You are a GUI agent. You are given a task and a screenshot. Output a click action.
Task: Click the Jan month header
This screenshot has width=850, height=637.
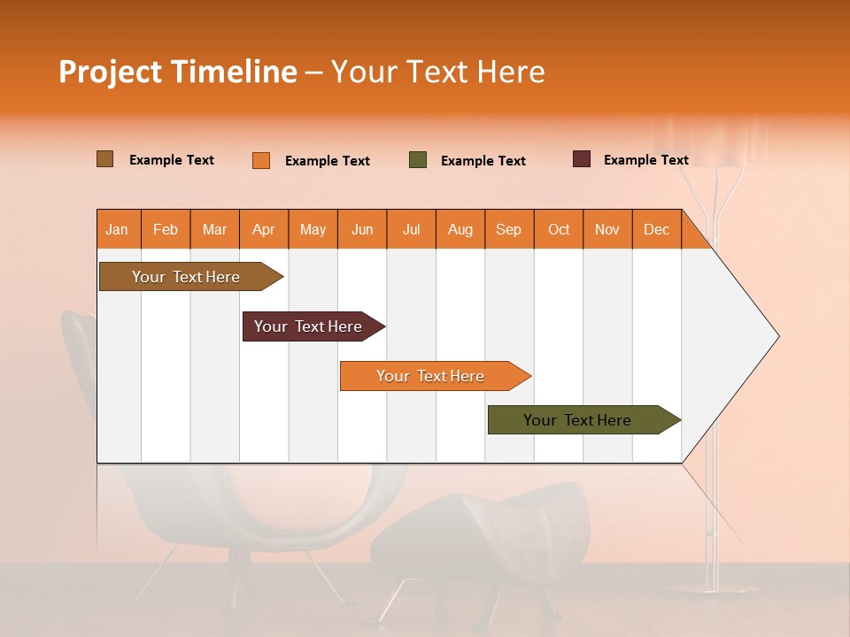117,230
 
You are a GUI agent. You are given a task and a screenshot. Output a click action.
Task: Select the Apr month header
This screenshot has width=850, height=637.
263,230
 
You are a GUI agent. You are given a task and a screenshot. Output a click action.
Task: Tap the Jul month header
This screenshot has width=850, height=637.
411,230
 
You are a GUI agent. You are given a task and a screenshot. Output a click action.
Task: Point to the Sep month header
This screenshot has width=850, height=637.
508,230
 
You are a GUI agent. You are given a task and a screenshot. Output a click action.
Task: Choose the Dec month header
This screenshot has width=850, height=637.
656,230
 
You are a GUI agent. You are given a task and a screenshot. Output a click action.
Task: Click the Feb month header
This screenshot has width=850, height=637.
166,230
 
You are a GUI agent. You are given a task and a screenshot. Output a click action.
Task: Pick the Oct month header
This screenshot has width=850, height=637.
559,230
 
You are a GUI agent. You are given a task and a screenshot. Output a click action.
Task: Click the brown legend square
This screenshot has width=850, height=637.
105,159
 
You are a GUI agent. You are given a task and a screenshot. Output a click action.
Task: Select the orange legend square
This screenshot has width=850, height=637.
261,160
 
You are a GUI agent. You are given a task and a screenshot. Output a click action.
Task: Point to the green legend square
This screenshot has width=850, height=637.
418,160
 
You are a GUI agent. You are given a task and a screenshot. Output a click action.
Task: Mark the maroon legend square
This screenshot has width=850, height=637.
582,159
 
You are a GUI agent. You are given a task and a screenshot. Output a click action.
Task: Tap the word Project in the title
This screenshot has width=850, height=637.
110,73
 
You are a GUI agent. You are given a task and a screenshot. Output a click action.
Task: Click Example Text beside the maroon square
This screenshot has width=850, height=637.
645,160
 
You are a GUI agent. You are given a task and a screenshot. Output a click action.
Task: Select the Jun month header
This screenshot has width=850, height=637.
362,230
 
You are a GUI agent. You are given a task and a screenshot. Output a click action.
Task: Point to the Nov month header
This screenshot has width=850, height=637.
607,230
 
